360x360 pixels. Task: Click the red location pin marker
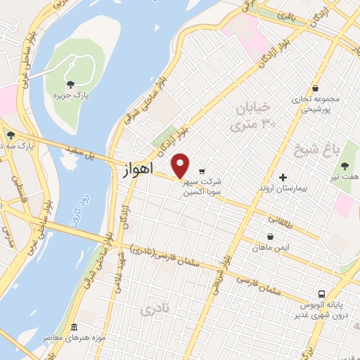coord(181,165)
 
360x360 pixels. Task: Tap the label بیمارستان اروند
coord(285,190)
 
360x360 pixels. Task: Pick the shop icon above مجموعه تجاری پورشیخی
coord(316,88)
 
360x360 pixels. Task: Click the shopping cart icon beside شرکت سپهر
coord(202,171)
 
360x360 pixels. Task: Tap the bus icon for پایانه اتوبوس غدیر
coord(321,294)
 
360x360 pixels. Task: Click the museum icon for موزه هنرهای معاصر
coord(75,328)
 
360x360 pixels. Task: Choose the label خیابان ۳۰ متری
coord(252,117)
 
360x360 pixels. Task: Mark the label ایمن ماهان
coord(271,249)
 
